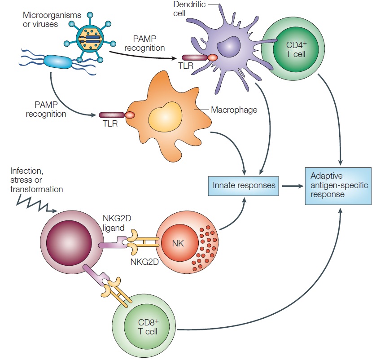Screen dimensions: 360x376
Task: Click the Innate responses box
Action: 244,185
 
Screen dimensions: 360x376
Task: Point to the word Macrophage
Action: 234,110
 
